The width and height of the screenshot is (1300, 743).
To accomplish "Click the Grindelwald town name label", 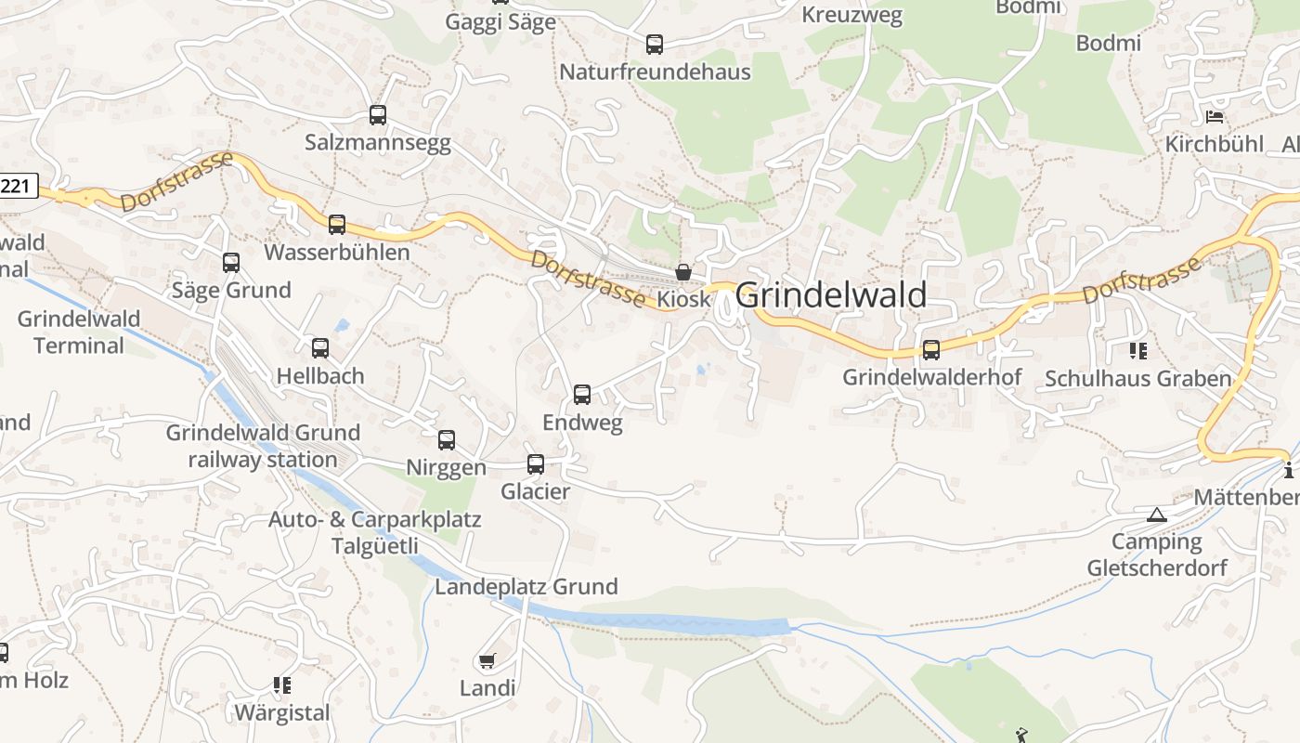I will click(831, 295).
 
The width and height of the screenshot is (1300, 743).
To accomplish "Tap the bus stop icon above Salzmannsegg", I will click(377, 115).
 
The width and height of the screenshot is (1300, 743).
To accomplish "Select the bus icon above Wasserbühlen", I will click(337, 225).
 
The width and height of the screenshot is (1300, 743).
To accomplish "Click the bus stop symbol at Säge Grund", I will click(231, 263).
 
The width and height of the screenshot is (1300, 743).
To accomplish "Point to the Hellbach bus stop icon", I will click(320, 348).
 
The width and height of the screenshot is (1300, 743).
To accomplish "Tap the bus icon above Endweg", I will click(582, 395).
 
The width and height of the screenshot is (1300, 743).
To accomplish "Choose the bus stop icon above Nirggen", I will click(447, 440).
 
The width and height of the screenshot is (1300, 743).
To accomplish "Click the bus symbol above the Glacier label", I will click(536, 464).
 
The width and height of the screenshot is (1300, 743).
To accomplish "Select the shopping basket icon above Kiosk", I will click(683, 272).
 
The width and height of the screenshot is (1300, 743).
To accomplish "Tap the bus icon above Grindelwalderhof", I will click(931, 350).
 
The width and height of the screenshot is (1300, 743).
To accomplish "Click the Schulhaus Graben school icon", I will click(1138, 351).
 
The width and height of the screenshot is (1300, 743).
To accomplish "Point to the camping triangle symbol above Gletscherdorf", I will click(1156, 515).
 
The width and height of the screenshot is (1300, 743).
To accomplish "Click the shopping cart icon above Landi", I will click(487, 661).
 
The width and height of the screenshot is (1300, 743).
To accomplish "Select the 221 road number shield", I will click(17, 186).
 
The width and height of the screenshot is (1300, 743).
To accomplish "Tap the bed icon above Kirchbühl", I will click(1214, 117).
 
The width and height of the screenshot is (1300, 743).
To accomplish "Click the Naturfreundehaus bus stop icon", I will click(655, 44).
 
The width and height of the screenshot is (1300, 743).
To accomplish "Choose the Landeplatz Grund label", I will click(526, 587).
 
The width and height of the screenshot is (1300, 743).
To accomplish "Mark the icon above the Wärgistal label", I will click(282, 685).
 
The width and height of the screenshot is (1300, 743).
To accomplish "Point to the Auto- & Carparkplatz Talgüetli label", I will click(375, 532).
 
